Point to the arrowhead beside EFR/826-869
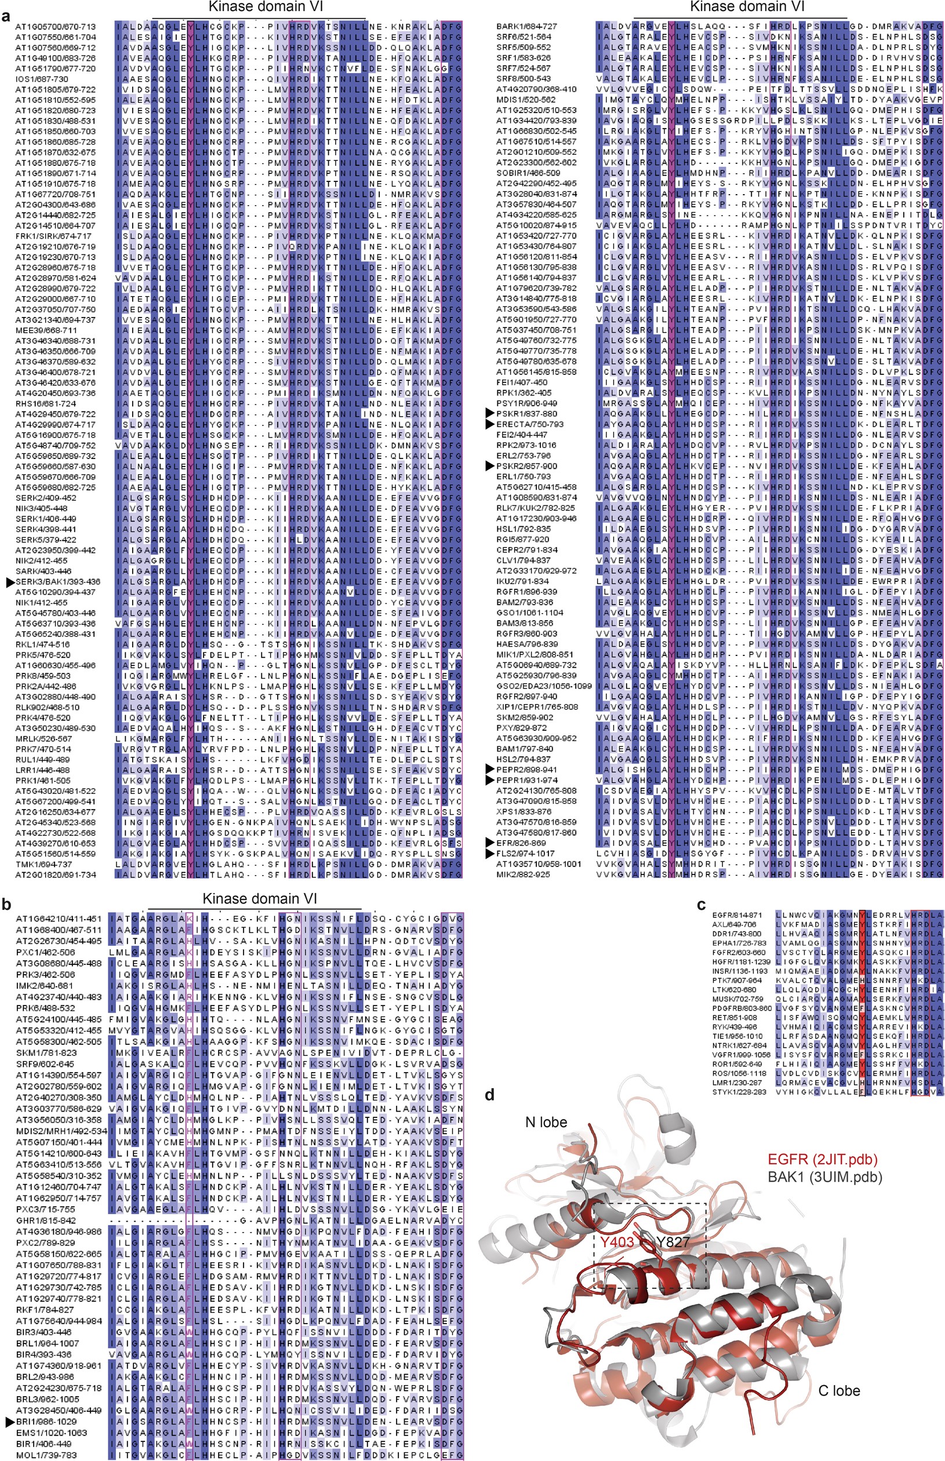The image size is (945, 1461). click(489, 843)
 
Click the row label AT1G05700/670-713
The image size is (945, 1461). click(55, 27)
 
